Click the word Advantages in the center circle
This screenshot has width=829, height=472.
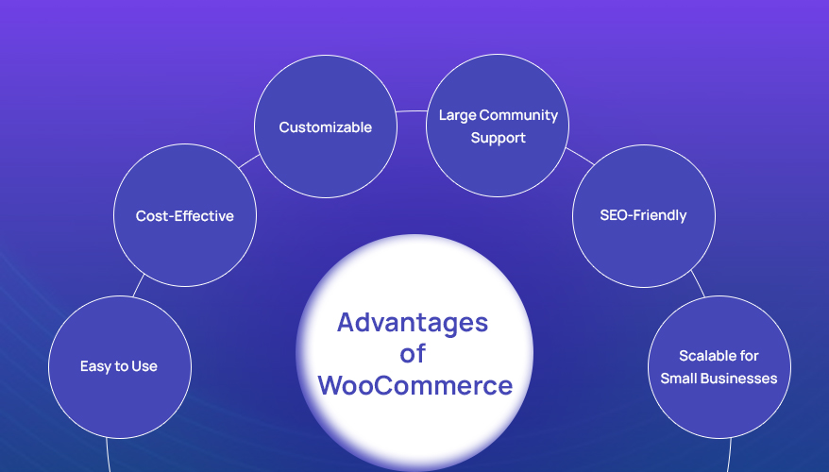point(414,323)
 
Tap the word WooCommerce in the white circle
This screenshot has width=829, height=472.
point(415,385)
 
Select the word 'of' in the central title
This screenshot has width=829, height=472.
point(414,354)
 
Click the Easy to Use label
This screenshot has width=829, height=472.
point(119,366)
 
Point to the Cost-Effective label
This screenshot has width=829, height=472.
point(184,216)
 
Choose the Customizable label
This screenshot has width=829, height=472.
point(325,127)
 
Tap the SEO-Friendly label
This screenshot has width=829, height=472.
point(643,215)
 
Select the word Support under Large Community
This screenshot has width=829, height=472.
point(498,138)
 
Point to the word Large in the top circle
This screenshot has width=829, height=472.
point(457,115)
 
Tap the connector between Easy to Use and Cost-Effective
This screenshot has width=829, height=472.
point(139,285)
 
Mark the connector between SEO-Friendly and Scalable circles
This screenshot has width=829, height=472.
point(699,283)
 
